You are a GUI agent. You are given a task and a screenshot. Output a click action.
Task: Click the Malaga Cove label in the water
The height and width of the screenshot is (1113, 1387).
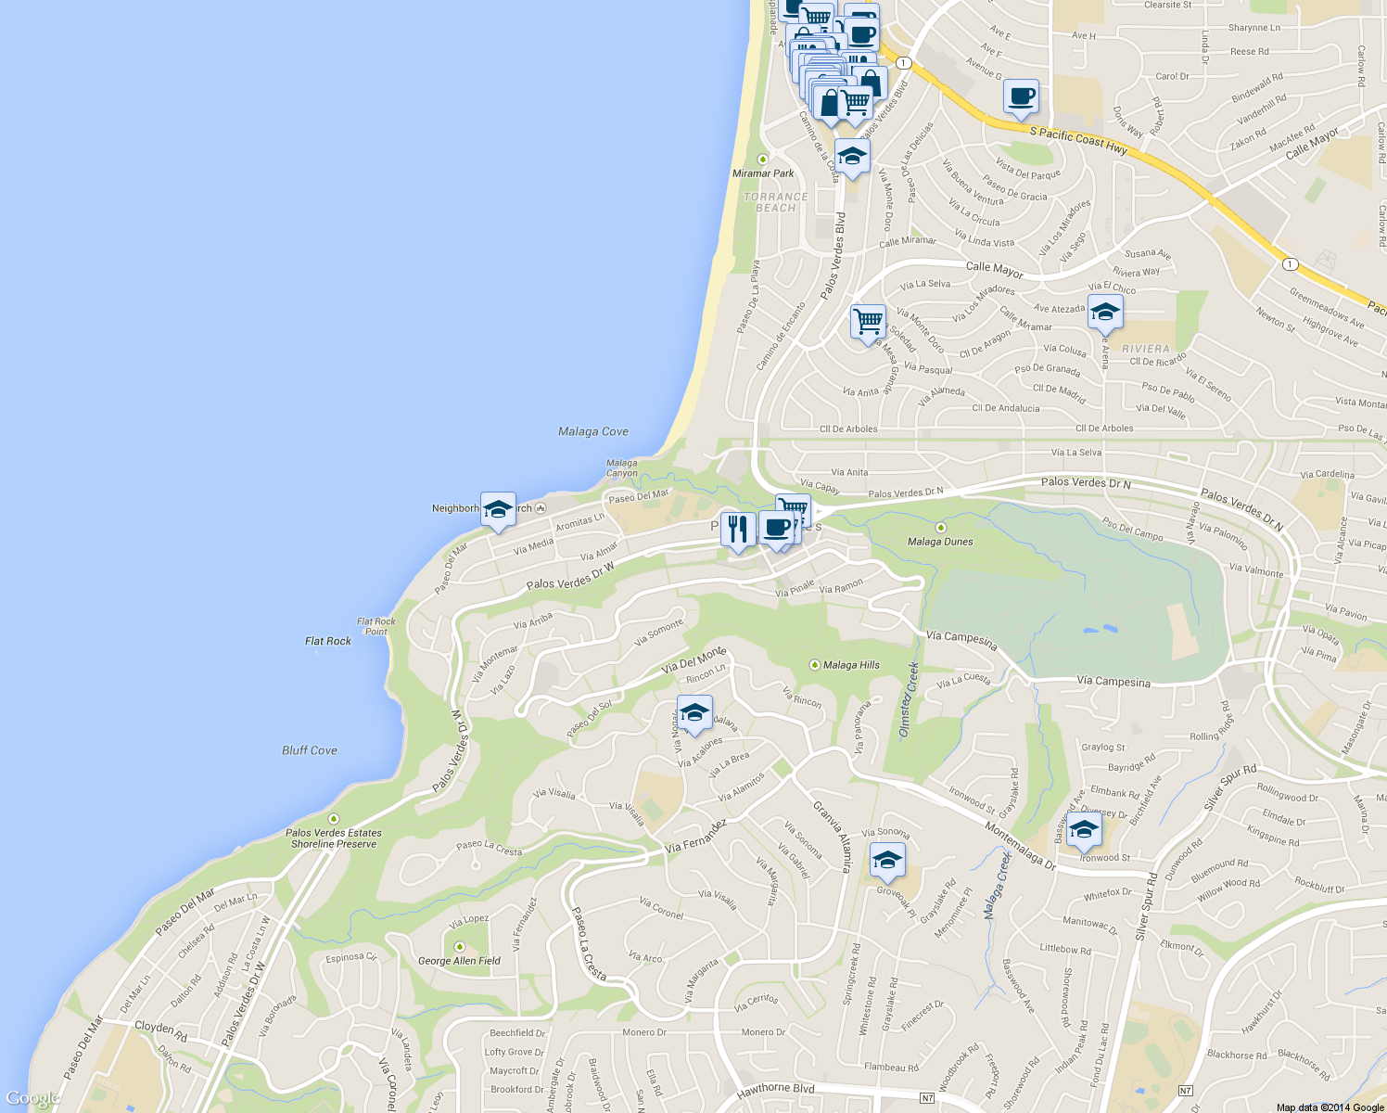tap(593, 431)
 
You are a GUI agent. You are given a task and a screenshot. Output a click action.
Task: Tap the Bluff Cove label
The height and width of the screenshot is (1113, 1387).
tap(310, 750)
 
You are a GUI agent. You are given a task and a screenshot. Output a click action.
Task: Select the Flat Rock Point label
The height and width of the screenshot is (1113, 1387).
tap(376, 627)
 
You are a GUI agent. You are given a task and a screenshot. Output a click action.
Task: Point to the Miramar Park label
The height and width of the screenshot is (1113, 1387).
tap(763, 173)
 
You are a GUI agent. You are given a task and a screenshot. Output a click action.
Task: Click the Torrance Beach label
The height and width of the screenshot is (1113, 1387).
tap(776, 202)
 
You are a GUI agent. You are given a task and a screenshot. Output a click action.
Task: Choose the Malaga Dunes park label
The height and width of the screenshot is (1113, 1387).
tap(940, 541)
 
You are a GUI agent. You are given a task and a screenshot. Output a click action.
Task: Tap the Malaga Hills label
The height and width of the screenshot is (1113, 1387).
tap(850, 665)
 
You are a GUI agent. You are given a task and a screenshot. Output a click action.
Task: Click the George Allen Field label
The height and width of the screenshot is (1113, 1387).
tap(459, 961)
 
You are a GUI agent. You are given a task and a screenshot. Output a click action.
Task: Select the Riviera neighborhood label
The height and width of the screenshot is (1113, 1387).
tap(1146, 349)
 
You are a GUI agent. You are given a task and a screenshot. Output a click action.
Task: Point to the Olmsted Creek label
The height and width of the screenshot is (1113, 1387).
tap(909, 700)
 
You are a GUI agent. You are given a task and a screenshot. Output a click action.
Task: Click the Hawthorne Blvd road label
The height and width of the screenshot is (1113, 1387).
tap(775, 1090)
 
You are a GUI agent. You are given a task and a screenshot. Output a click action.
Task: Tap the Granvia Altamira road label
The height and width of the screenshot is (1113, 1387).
tap(832, 837)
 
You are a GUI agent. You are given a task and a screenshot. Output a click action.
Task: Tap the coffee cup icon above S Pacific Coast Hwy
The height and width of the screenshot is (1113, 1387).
tap(1021, 96)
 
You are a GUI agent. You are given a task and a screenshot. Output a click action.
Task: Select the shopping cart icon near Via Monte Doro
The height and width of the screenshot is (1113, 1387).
tap(868, 322)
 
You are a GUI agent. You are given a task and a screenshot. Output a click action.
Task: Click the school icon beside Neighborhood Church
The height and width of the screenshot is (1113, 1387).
tap(498, 508)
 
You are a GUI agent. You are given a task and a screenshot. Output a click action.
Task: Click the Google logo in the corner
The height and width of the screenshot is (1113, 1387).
tap(32, 1099)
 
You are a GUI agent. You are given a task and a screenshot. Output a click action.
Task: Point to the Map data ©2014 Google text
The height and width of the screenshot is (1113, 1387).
tap(1330, 1107)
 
